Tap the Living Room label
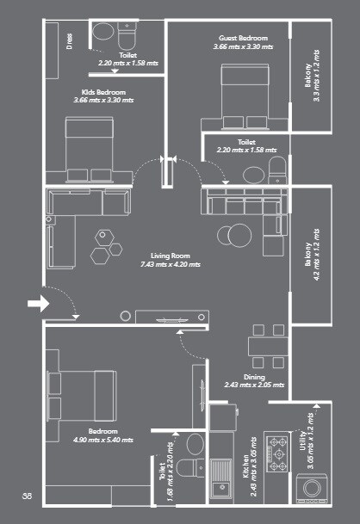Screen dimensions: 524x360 (170, 256)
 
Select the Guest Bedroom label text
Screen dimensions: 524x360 (244, 38)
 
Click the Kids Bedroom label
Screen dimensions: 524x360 (104, 92)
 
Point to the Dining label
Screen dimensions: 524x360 (253, 377)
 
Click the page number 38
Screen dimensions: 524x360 (27, 496)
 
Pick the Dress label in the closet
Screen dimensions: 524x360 (69, 42)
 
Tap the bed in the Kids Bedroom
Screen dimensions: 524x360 (89, 148)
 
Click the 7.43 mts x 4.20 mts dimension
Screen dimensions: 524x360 (170, 265)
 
